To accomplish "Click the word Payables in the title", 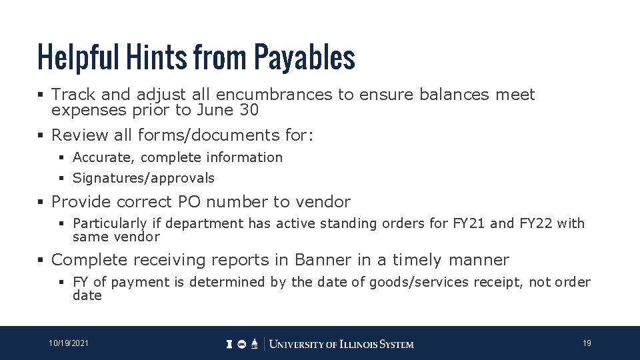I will pos(304,58).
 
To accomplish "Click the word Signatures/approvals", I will pos(143,178).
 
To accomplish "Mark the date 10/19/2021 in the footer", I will pos(69,343).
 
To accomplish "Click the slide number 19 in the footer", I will pos(587,343).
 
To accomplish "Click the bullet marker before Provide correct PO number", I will pos(42,202).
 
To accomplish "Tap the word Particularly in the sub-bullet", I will pos(109,223).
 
